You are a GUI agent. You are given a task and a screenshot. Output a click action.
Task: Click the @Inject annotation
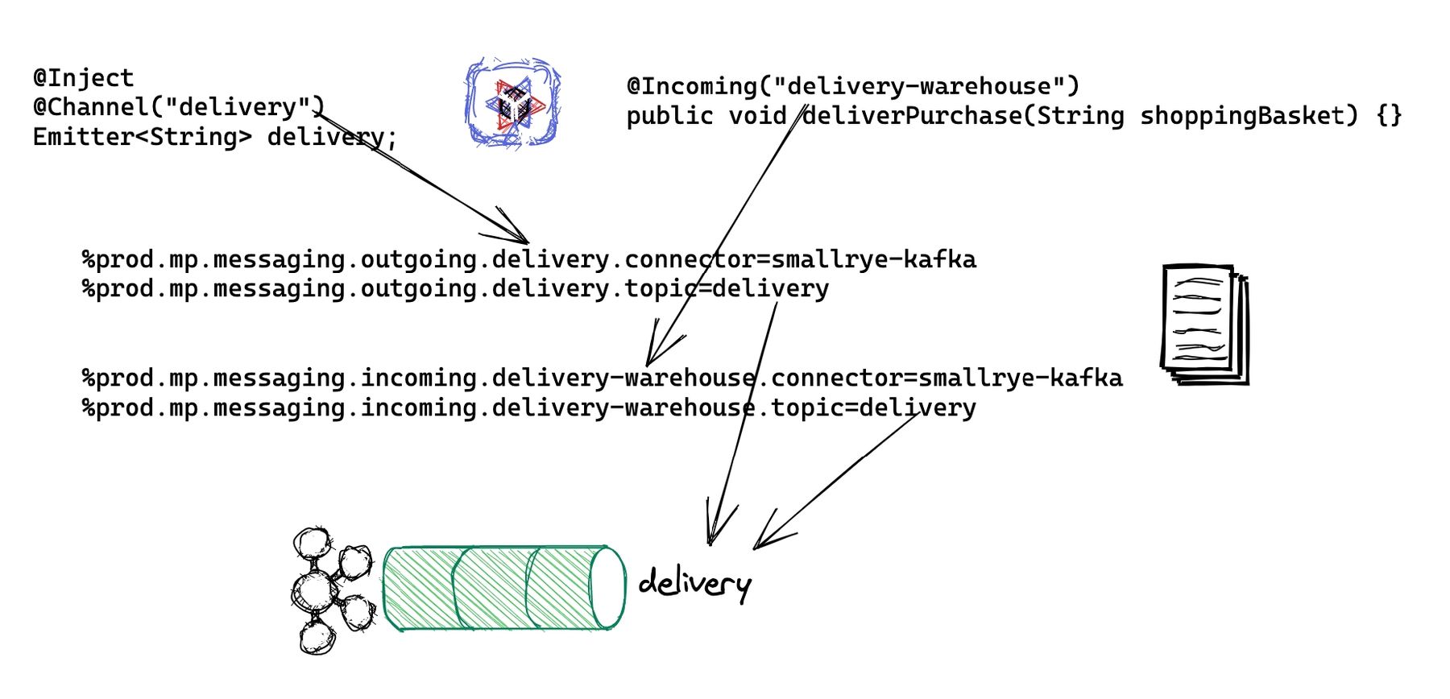click(83, 78)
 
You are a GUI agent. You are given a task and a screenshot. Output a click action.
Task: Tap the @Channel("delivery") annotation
click(178, 107)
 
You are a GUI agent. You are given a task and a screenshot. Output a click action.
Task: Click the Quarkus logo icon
click(513, 102)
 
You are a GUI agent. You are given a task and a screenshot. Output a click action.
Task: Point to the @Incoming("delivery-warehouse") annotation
click(852, 86)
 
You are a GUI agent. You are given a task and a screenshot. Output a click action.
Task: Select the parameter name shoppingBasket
click(1242, 116)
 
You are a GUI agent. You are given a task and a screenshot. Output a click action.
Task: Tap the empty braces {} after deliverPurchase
click(1390, 116)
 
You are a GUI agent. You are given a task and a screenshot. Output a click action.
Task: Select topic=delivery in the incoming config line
click(874, 407)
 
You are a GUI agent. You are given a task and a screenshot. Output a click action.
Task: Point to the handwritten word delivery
click(694, 582)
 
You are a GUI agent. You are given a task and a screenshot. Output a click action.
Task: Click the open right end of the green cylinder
click(608, 587)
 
